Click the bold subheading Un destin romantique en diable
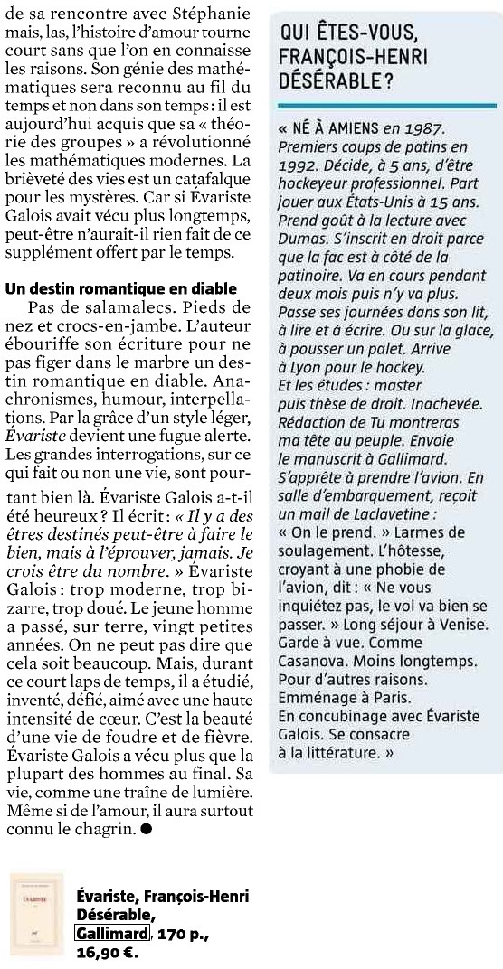click(121, 288)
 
